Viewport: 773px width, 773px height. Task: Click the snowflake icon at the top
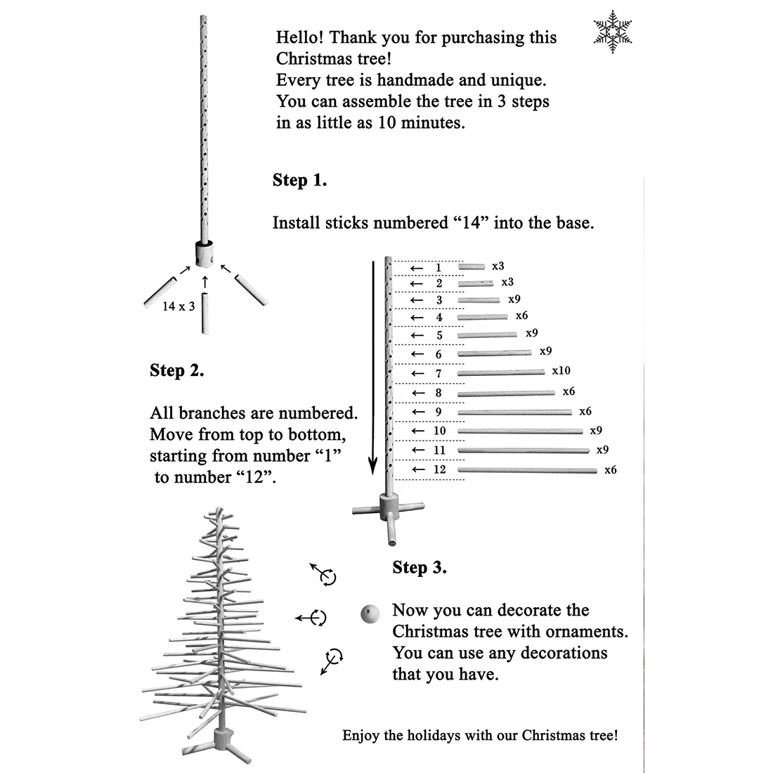point(613,32)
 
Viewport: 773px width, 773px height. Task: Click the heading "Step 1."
point(299,181)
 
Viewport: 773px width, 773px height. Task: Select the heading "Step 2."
point(177,370)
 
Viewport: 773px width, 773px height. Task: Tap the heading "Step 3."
point(420,567)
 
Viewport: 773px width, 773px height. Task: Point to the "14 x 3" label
point(178,306)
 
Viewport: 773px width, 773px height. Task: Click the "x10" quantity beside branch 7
point(561,370)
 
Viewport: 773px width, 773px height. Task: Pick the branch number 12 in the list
point(440,469)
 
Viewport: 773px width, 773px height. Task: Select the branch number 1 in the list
point(439,268)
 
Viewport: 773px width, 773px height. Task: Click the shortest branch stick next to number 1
point(472,267)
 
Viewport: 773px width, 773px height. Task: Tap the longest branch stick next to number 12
point(527,469)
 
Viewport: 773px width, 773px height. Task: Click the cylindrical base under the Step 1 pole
point(205,254)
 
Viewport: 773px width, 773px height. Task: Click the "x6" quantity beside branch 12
point(610,469)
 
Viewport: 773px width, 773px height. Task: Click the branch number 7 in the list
point(439,373)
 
